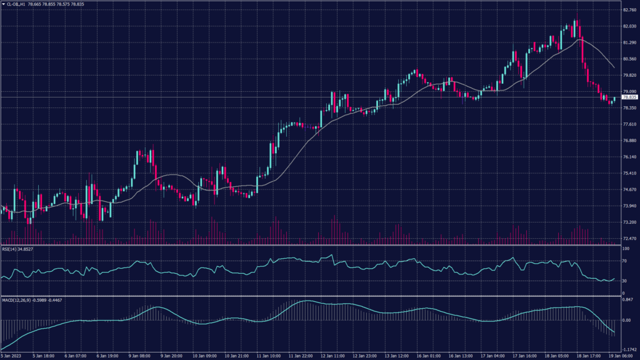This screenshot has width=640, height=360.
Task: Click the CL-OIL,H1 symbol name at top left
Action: point(18,4)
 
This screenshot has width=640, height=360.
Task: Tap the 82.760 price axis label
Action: point(629,10)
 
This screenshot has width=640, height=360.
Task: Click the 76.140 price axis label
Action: point(629,157)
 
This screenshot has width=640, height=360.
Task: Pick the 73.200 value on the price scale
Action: point(629,222)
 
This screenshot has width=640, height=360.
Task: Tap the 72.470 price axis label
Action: point(629,238)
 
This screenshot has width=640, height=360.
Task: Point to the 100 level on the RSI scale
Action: point(624,249)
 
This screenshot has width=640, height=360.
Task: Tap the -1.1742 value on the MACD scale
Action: point(629,350)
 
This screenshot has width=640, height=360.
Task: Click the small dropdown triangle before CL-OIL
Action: point(3,4)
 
